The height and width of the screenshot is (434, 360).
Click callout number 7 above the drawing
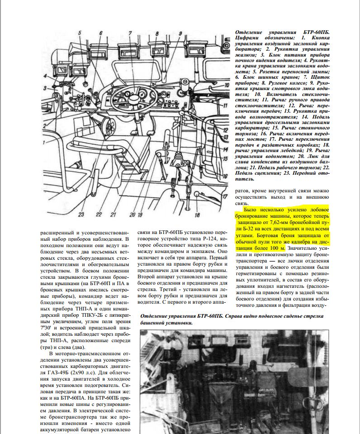click(x=129, y=33)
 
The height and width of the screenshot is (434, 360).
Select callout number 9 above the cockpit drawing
click(x=180, y=33)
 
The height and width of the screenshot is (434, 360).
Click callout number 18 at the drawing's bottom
click(x=197, y=215)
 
